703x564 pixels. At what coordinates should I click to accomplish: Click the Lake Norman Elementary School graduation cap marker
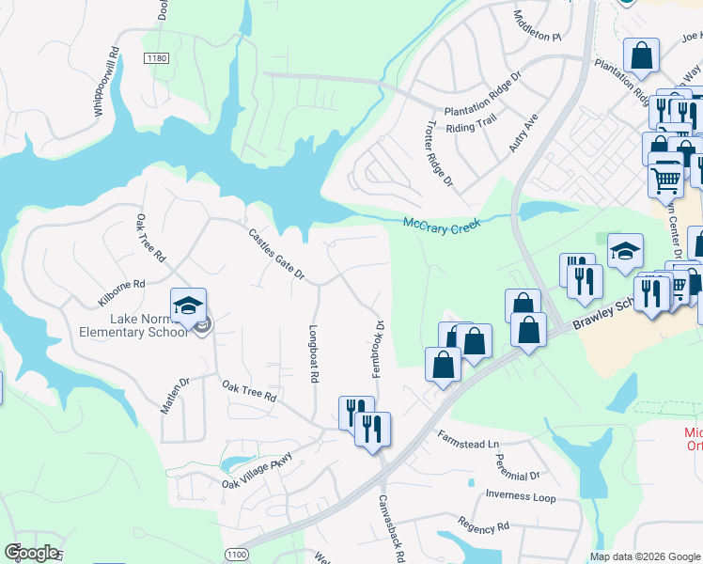tap(188, 305)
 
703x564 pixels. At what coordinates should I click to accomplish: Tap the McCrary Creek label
tap(442, 225)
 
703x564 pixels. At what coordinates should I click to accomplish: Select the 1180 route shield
tap(156, 58)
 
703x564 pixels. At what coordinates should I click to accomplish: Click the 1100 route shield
tap(237, 555)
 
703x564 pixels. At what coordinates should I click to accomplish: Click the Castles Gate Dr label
tap(276, 255)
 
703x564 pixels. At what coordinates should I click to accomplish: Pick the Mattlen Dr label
tap(176, 395)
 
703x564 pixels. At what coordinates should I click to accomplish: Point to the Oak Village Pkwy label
tap(258, 471)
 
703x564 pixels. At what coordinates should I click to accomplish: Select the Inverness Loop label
tap(521, 496)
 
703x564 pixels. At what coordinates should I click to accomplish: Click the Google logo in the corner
tap(31, 553)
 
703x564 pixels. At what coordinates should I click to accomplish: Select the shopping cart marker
tap(665, 176)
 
